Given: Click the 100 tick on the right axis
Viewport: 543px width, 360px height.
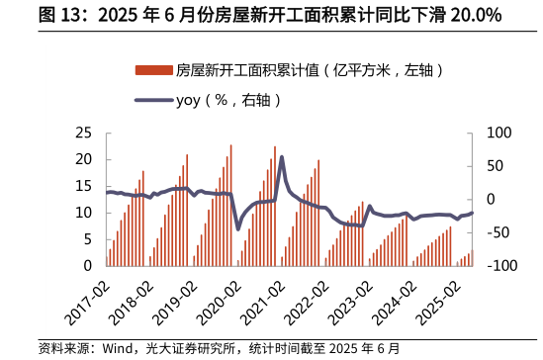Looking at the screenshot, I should (499, 134).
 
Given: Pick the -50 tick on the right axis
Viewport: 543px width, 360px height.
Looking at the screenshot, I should (498, 233).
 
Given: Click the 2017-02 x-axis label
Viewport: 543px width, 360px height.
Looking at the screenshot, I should (87, 303).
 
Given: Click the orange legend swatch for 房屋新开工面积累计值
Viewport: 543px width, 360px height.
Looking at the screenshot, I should (153, 70).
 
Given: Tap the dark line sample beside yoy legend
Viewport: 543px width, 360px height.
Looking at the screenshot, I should (153, 99).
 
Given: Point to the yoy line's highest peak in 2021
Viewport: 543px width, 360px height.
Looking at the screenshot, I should (282, 157).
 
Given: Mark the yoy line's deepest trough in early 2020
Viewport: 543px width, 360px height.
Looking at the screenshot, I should (237, 228).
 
